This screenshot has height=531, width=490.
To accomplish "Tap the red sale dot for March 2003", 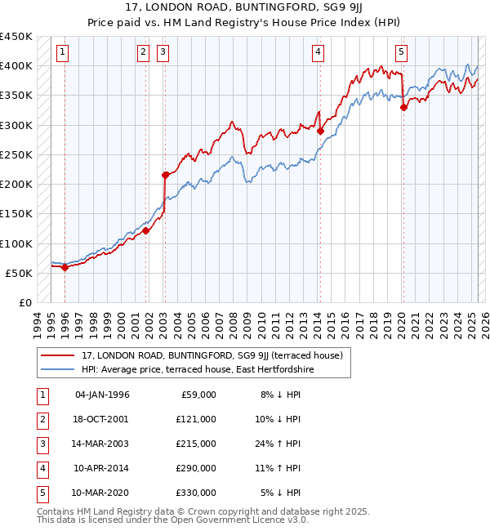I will coord(165,175).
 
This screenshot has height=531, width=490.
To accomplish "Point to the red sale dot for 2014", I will coord(320,131).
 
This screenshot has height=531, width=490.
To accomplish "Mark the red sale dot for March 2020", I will coord(403,107).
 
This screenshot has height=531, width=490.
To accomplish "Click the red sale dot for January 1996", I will coord(65,267).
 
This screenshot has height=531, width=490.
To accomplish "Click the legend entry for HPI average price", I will coord(197,369).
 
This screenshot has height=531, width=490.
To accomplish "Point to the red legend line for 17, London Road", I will coord(57,355).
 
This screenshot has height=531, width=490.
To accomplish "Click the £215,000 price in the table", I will coord(197,444).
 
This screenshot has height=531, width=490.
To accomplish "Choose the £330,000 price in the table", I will coord(197,493).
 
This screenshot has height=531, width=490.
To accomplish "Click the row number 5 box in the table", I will coord(41,493).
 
